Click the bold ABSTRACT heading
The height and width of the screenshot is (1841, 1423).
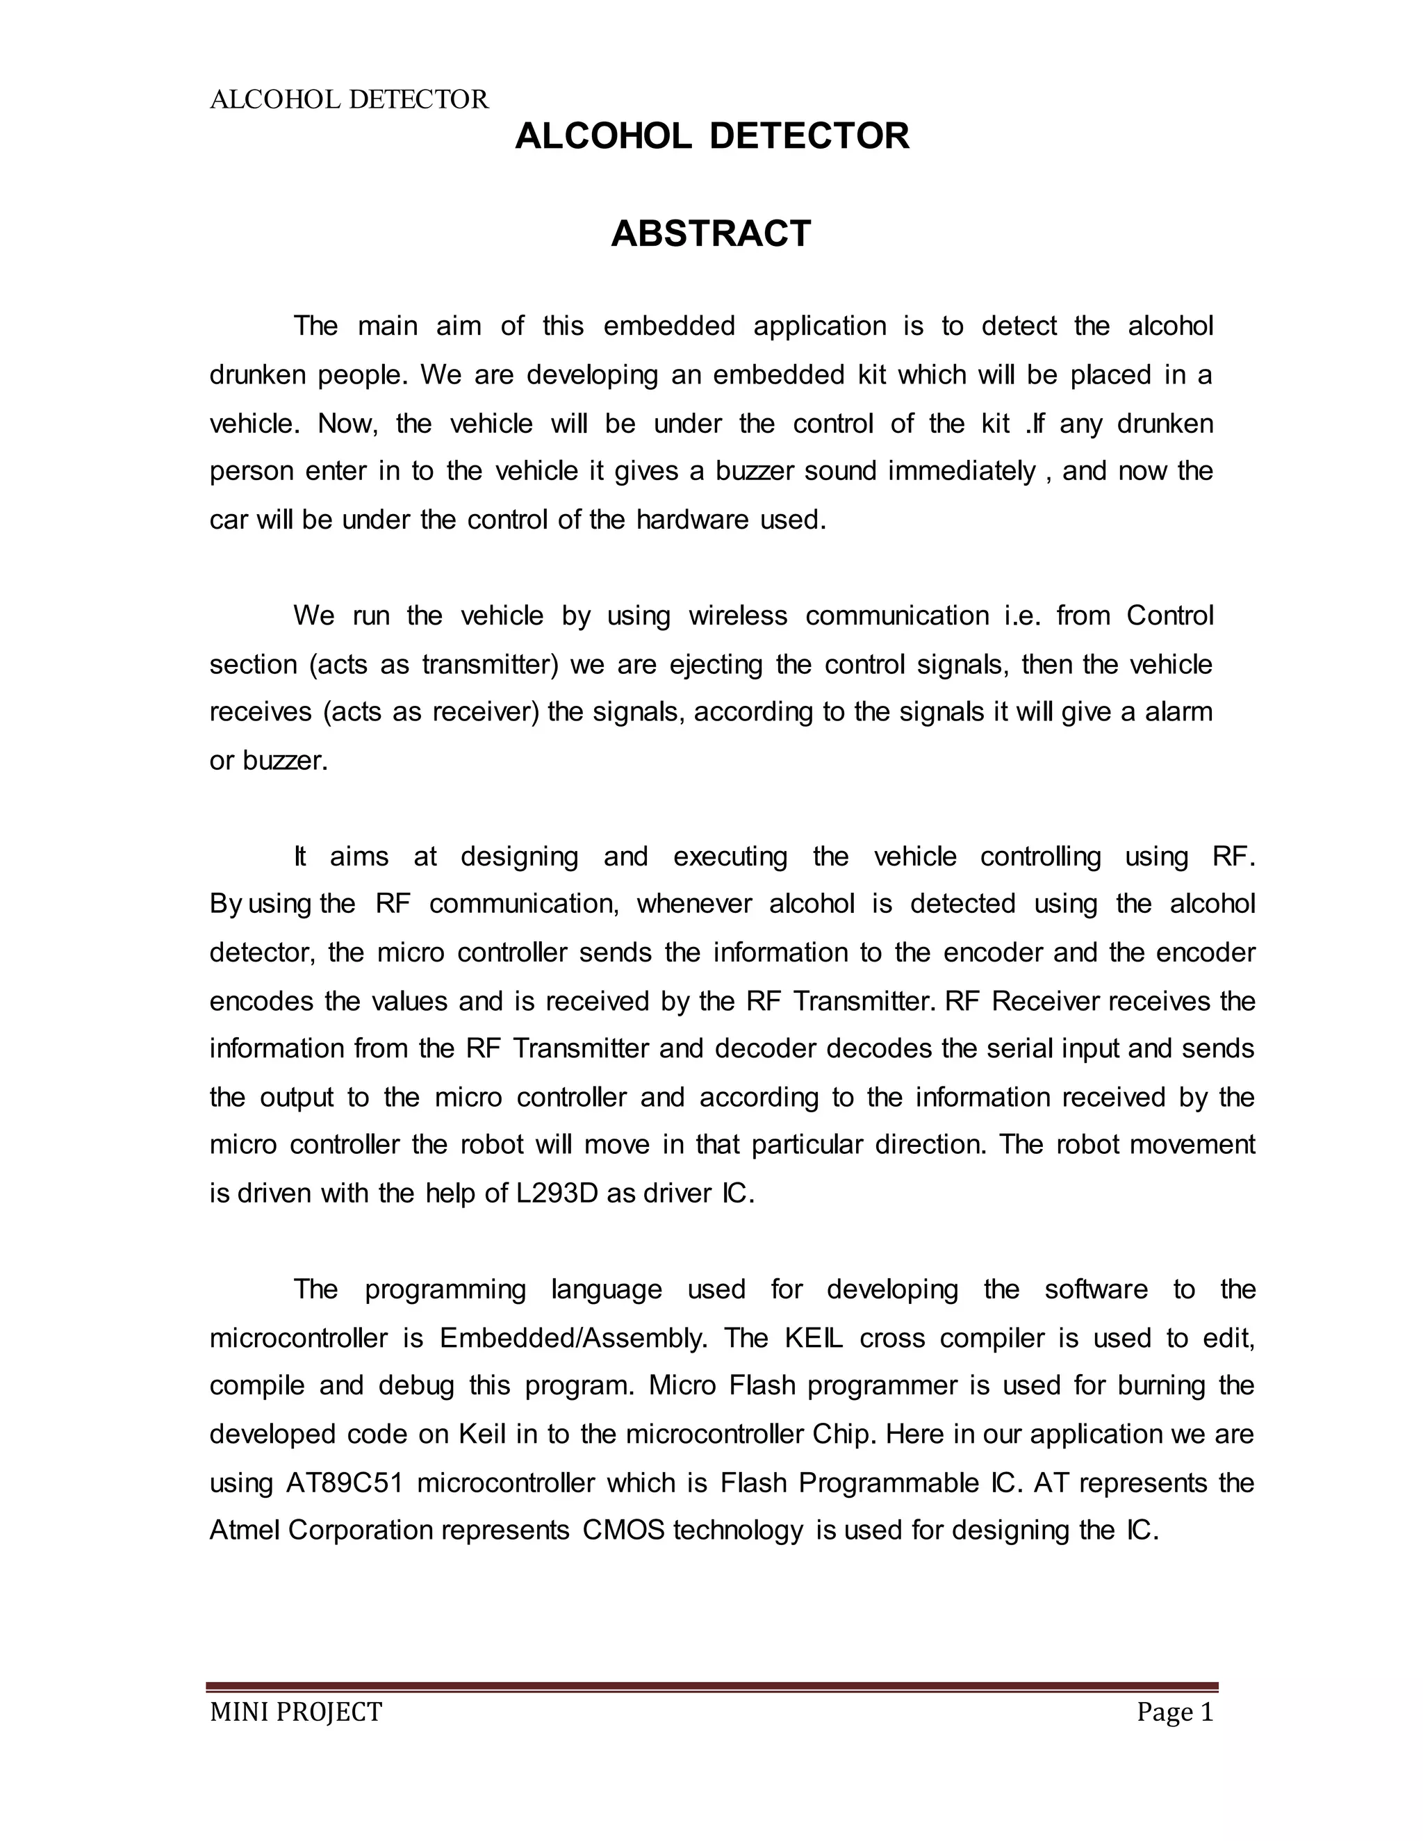pyautogui.click(x=711, y=233)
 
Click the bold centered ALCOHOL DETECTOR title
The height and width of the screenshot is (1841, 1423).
pyautogui.click(x=711, y=135)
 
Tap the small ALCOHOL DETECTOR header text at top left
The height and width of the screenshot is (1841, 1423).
pyautogui.click(x=349, y=99)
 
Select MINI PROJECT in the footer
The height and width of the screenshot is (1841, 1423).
pyautogui.click(x=296, y=1712)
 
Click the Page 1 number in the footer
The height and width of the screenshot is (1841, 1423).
pyautogui.click(x=1174, y=1712)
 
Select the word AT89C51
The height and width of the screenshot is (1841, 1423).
pyautogui.click(x=345, y=1483)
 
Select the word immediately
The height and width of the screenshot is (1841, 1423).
pyautogui.click(x=961, y=470)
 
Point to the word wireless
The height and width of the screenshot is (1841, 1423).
pyautogui.click(x=738, y=616)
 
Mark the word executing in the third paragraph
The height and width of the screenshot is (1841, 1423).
pyautogui.click(x=730, y=857)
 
